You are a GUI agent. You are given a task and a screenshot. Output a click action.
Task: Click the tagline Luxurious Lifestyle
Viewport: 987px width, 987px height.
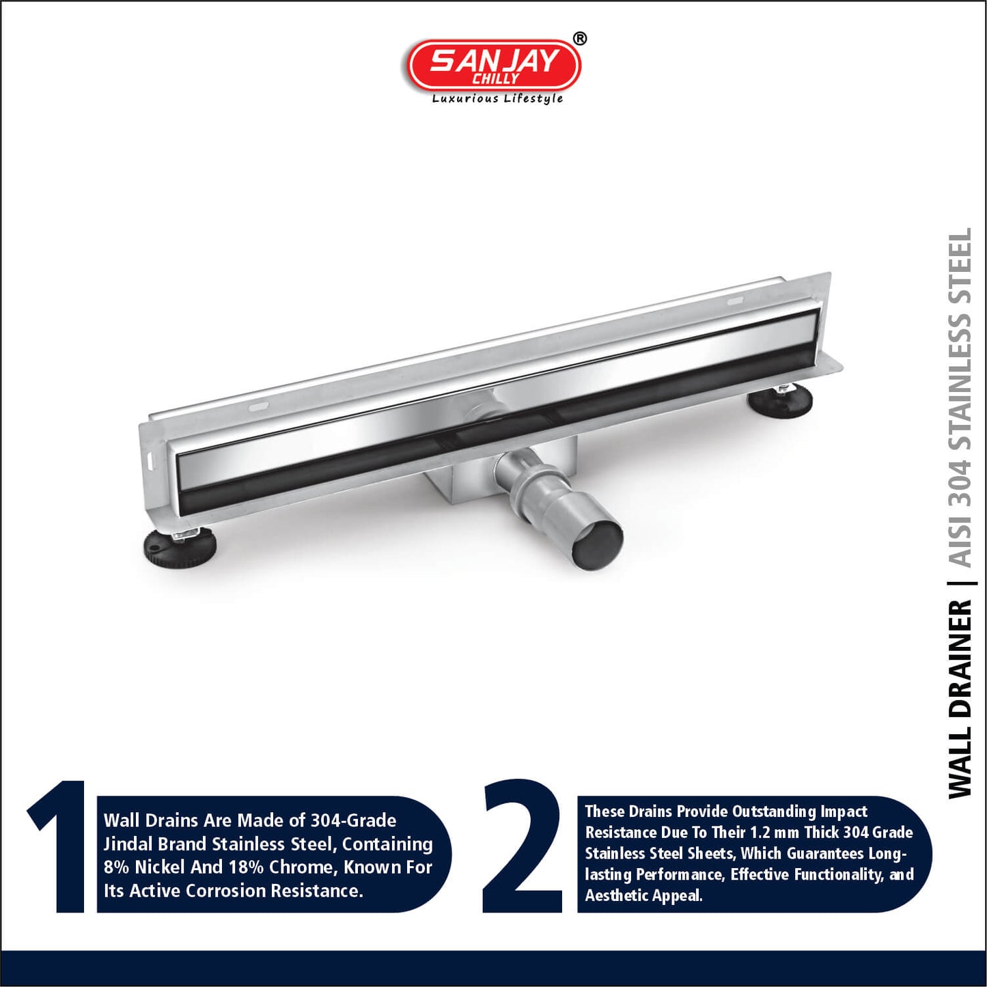pyautogui.click(x=497, y=99)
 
